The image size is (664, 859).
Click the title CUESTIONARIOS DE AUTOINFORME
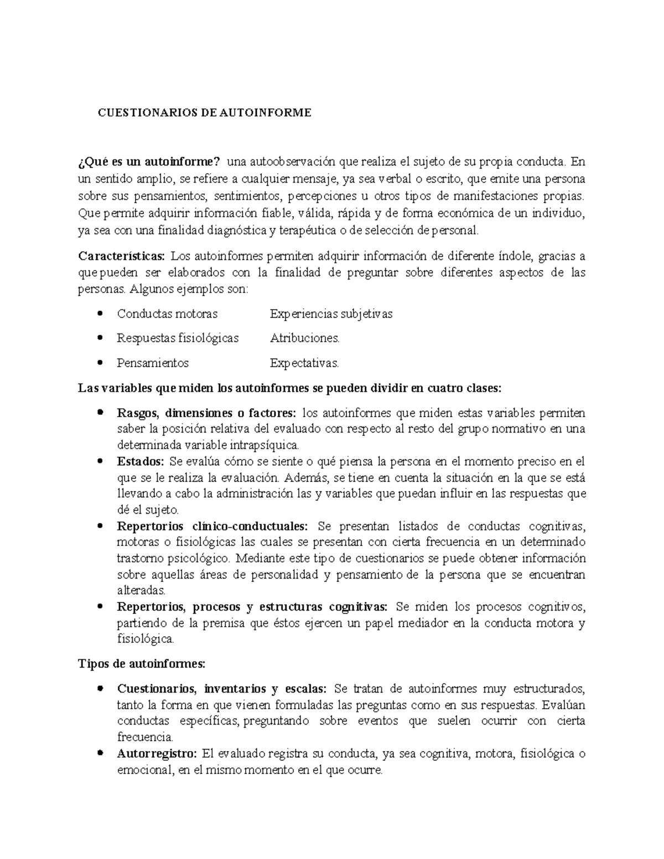[x=205, y=113]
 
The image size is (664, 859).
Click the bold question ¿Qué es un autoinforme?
[x=149, y=162]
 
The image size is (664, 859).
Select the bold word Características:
[x=121, y=256]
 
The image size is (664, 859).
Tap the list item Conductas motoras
[x=167, y=314]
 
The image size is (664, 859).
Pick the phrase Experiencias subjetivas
[x=331, y=314]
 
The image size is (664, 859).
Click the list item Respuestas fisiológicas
[x=178, y=338]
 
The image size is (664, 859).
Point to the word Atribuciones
[x=304, y=338]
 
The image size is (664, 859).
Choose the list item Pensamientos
[x=153, y=363]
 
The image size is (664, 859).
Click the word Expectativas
[x=304, y=363]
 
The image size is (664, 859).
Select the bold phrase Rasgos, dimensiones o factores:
[x=206, y=413]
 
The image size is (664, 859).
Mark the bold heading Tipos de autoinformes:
[x=142, y=664]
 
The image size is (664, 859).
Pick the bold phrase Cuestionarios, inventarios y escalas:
[x=222, y=689]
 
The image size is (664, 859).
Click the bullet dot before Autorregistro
[x=100, y=753]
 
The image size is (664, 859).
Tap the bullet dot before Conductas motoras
[x=100, y=314]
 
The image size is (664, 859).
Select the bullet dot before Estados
[x=100, y=461]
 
